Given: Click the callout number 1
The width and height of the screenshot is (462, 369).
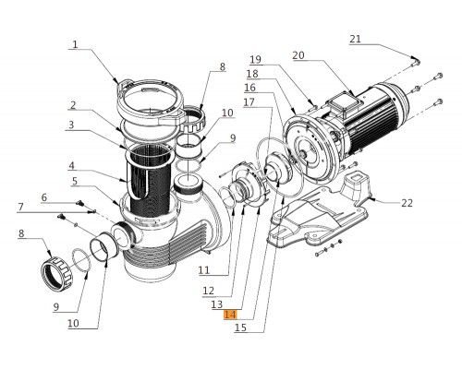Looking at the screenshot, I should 75,43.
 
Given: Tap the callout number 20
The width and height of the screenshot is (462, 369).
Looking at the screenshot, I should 298,55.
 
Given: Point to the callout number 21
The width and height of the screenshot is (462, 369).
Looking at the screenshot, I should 356,39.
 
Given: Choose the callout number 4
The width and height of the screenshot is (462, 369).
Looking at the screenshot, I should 71,166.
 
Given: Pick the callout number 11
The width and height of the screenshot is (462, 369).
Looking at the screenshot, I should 203,270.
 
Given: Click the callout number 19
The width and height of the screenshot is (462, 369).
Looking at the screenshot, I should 254,59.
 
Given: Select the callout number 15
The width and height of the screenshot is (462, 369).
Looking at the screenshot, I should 241,327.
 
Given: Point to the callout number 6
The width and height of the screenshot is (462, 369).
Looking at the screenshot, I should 43,197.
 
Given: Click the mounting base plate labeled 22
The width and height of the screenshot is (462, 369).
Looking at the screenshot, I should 305,221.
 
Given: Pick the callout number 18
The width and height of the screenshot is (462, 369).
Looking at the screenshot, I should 251,73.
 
